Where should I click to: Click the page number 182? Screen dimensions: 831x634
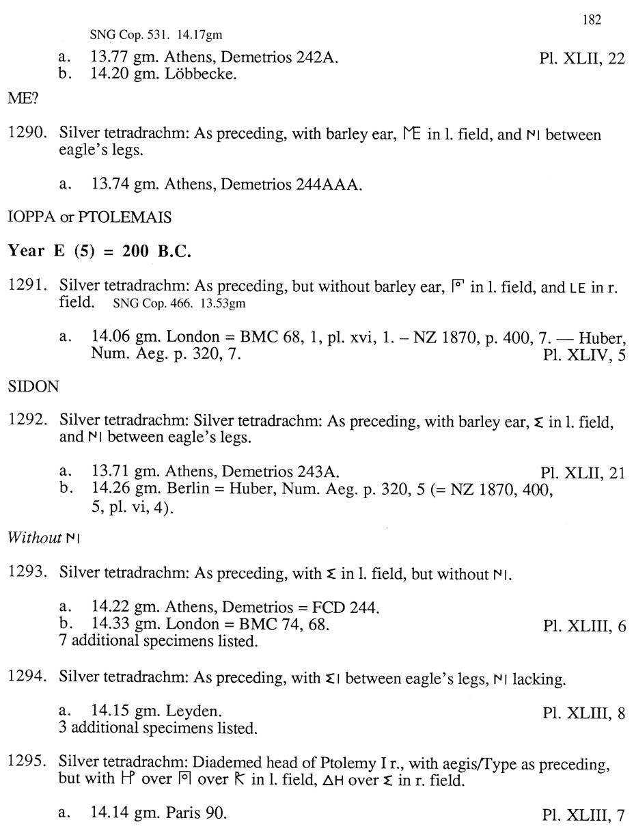(x=592, y=20)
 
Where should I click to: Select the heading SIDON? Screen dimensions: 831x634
(x=33, y=387)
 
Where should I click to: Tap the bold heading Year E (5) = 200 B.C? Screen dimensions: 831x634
(x=99, y=251)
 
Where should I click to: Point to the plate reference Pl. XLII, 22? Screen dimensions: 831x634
(x=581, y=58)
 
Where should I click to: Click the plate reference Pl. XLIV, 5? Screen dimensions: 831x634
(x=584, y=355)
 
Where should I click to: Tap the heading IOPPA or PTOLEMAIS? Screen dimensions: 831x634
(x=89, y=217)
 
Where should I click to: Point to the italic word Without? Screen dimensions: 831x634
(x=34, y=538)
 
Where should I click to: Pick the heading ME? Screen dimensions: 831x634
(x=23, y=98)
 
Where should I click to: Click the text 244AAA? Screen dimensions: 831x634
(x=326, y=184)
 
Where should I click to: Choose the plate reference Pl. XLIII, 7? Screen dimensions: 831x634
(x=583, y=815)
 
